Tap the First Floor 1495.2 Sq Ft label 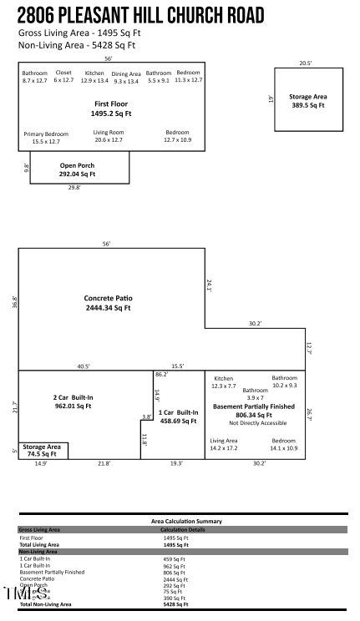pos(111,108)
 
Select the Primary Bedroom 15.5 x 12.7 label pos(45,138)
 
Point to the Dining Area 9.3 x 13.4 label pos(126,78)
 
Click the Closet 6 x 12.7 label pos(63,77)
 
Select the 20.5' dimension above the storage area pos(306,63)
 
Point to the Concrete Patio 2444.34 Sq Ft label pos(108,303)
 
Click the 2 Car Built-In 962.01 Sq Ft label pos(72,401)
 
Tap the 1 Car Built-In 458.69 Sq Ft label pos(177,417)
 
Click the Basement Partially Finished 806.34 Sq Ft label pos(255,410)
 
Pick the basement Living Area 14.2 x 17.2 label pos(224,444)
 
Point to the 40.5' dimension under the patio pos(84,366)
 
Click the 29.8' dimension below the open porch pos(74,188)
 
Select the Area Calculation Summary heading pos(186,521)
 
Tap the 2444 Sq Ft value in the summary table pos(175,578)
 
